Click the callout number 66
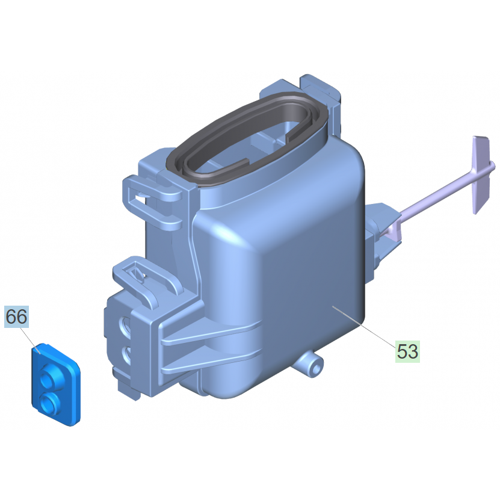point(17,316)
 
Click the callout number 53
point(407,351)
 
